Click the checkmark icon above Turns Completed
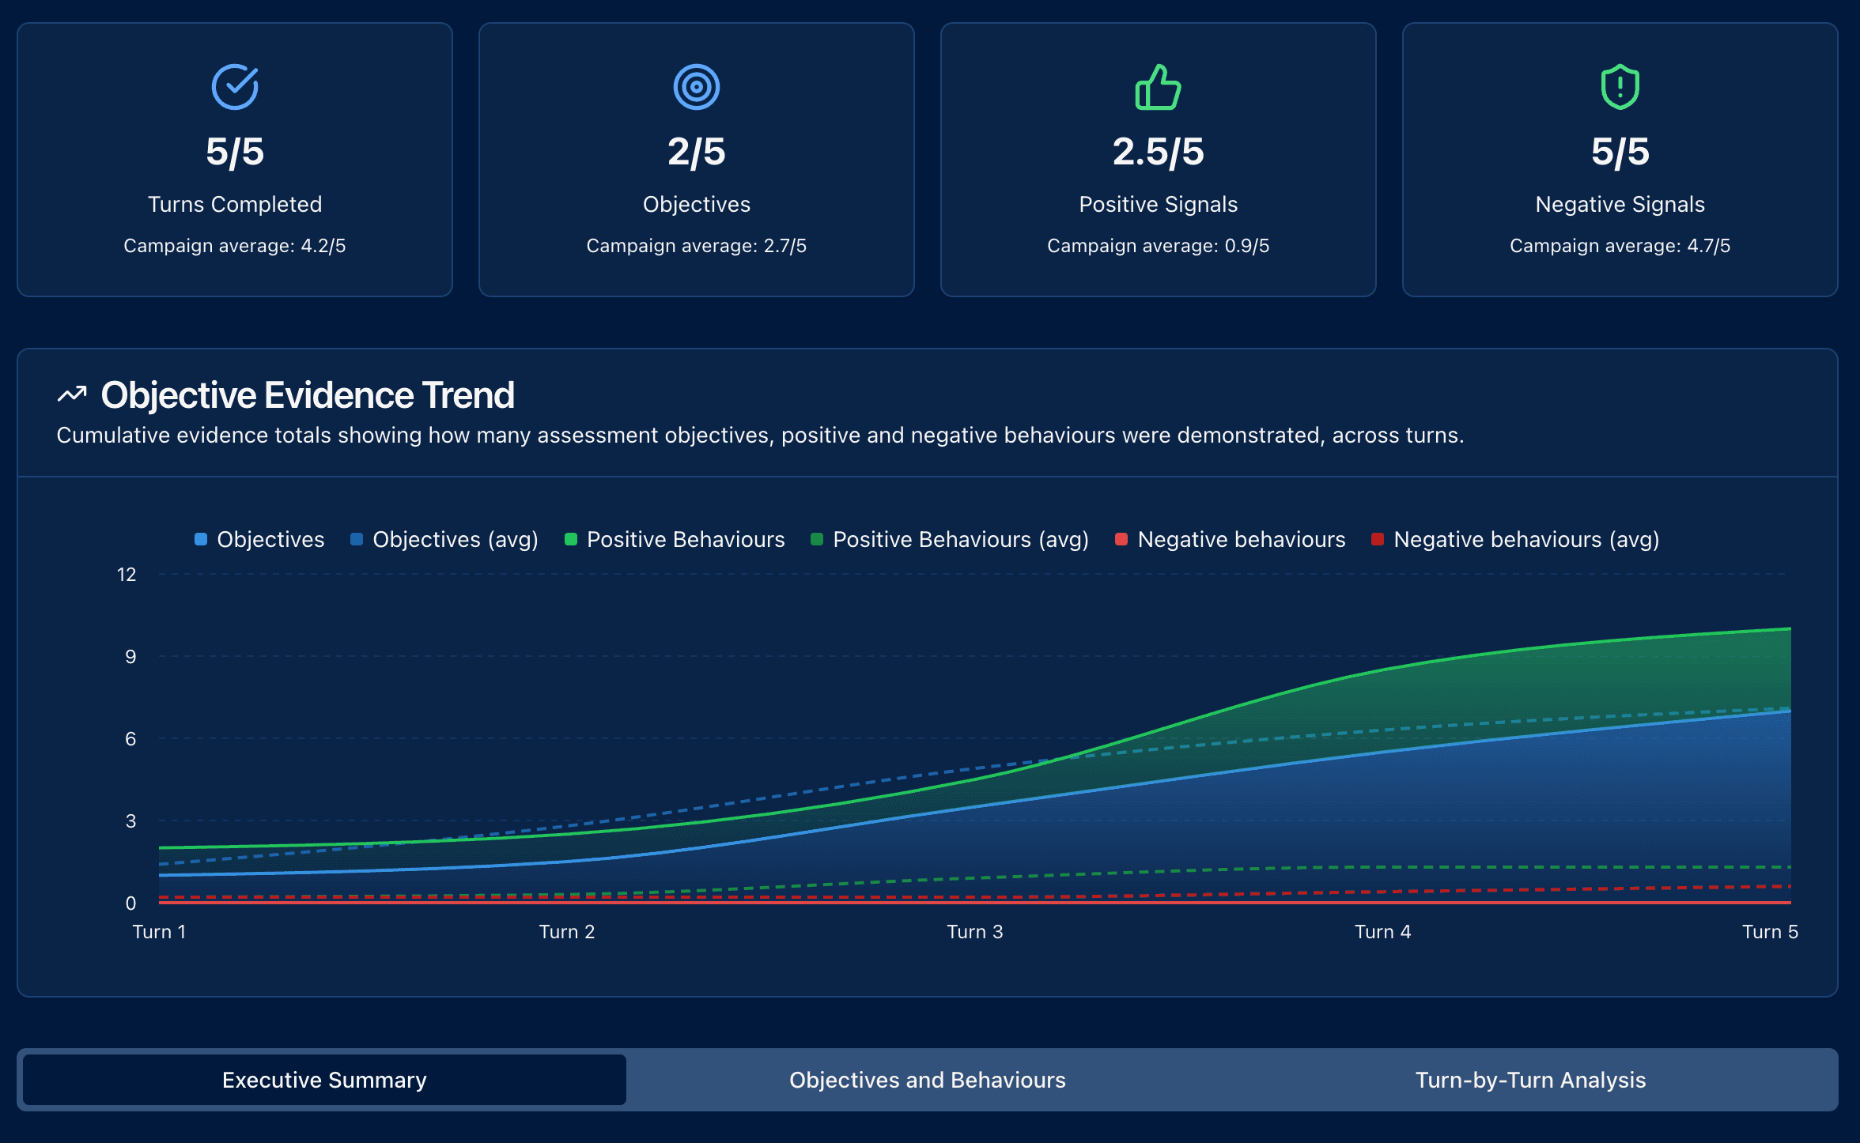click(235, 87)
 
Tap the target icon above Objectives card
click(697, 87)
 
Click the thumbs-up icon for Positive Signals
click(1158, 87)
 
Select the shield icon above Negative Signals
click(1620, 87)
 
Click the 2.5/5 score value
click(1158, 152)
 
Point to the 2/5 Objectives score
click(697, 152)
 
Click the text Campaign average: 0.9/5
click(1158, 246)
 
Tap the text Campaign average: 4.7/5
click(1620, 246)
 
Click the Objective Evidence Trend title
click(308, 395)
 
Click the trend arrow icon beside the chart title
click(72, 394)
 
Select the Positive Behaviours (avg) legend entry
click(950, 539)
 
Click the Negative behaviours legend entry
click(1231, 539)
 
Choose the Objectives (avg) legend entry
click(444, 539)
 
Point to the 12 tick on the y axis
click(127, 575)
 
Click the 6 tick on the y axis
click(130, 739)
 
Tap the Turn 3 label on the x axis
click(974, 932)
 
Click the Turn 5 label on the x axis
click(1770, 932)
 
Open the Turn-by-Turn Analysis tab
click(1530, 1080)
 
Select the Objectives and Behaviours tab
click(927, 1080)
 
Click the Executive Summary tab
click(324, 1080)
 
